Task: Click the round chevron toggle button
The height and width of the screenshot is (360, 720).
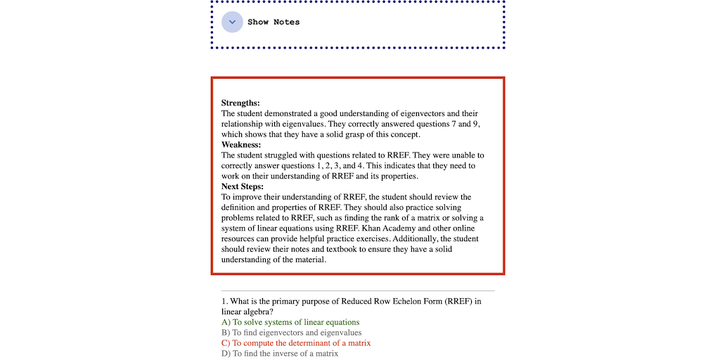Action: (x=232, y=22)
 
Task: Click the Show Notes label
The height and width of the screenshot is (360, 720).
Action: (x=274, y=22)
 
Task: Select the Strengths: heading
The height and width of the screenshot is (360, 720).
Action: (x=240, y=103)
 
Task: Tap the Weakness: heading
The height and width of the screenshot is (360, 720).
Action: (x=241, y=145)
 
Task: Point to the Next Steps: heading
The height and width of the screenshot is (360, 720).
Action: (x=243, y=186)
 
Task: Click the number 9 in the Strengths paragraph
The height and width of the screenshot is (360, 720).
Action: (x=476, y=124)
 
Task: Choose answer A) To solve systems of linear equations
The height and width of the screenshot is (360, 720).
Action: (x=290, y=323)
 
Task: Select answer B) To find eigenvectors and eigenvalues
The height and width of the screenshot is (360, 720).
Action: (x=291, y=333)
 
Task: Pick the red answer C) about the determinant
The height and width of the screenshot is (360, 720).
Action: (x=296, y=343)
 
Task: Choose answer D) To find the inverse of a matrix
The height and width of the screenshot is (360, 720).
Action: (x=280, y=354)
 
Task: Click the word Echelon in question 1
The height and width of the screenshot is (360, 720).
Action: (x=404, y=302)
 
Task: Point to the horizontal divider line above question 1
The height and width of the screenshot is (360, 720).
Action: (x=358, y=291)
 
